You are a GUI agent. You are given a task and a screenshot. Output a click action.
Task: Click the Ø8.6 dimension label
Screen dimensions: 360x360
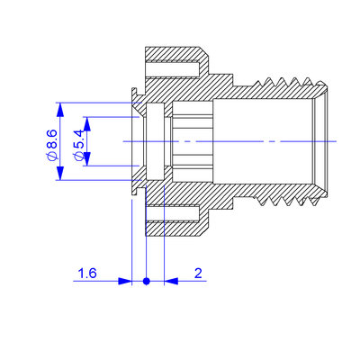click(52, 144)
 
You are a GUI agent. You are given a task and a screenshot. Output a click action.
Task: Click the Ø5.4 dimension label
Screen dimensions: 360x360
click(78, 145)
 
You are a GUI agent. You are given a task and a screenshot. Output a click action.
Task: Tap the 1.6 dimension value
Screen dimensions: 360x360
click(87, 274)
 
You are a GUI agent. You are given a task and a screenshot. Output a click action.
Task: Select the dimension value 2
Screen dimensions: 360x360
click(198, 274)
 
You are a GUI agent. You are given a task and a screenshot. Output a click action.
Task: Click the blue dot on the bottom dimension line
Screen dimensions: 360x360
click(147, 281)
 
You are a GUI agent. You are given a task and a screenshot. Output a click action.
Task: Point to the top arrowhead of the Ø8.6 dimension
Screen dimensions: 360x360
click(60, 110)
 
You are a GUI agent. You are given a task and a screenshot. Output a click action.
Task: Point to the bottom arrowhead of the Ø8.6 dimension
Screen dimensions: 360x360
click(60, 173)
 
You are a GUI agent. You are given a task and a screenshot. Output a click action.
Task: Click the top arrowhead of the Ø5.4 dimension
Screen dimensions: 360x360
click(87, 123)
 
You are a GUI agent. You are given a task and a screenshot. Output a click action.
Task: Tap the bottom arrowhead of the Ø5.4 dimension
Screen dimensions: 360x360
click(87, 158)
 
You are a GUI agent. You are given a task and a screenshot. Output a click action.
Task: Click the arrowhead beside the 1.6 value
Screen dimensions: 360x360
click(125, 281)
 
